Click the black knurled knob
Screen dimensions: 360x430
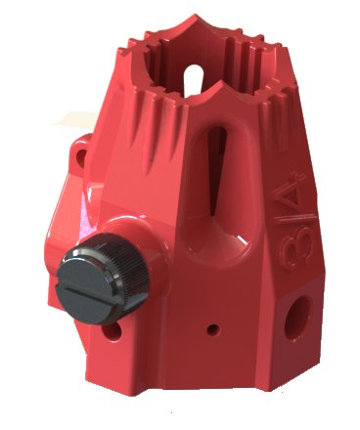pos(103,279)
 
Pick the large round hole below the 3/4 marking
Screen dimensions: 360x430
pos(296,319)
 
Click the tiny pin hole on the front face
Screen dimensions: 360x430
pos(212,330)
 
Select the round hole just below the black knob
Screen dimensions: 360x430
pos(112,332)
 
